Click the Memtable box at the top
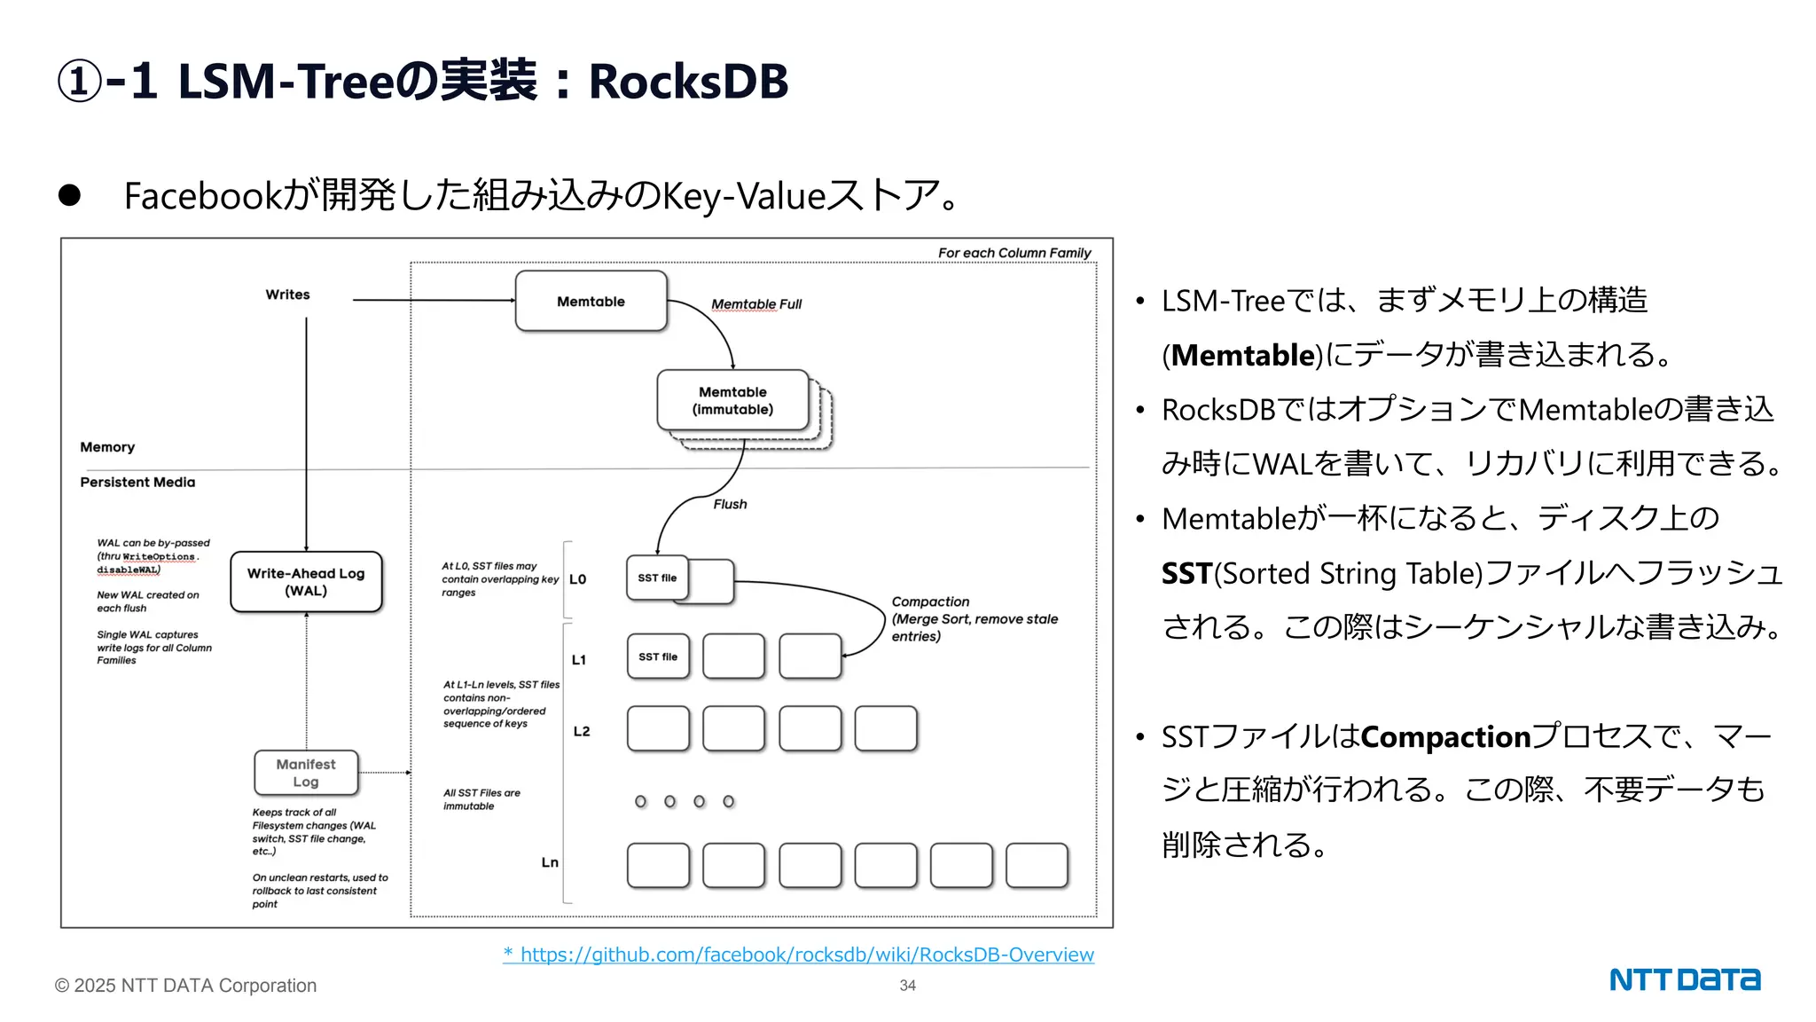coord(591,302)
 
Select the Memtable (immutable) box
coord(732,400)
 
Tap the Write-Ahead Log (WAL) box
coord(306,582)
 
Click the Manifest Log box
coord(306,773)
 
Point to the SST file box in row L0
coord(657,578)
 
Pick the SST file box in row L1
coord(658,656)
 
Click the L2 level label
coord(582,731)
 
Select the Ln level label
coord(550,862)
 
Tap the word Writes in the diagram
coord(287,295)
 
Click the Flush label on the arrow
coord(730,504)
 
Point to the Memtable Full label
coord(755,304)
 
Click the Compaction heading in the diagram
coord(930,601)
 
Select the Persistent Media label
coord(137,482)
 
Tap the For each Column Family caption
coord(1014,253)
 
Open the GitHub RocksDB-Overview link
coord(806,955)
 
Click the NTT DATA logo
coord(1684,979)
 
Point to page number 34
coord(907,986)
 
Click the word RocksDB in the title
coord(688,82)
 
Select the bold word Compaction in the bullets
coord(1445,736)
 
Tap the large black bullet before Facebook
coord(70,195)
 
